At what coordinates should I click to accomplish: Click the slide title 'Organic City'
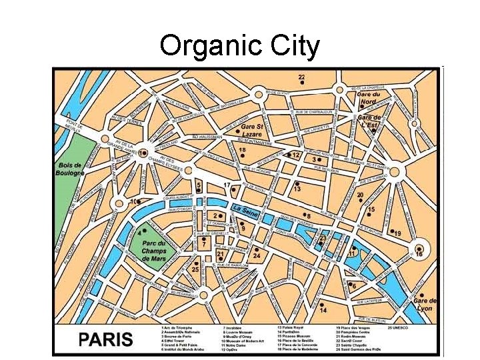pyautogui.click(x=240, y=47)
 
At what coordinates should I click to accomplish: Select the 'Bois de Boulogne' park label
pyautogui.click(x=69, y=169)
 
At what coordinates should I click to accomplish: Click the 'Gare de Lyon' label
pyautogui.click(x=424, y=305)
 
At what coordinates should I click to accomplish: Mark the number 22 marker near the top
pyautogui.click(x=301, y=77)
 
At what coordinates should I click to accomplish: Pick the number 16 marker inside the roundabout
pyautogui.click(x=419, y=254)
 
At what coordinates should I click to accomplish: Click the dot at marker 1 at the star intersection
pyautogui.click(x=143, y=153)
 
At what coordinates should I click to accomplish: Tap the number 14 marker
pyautogui.click(x=323, y=311)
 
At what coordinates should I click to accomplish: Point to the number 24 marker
pyautogui.click(x=256, y=256)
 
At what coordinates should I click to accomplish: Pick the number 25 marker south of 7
pyautogui.click(x=195, y=269)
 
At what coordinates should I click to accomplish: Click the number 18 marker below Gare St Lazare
pyautogui.click(x=242, y=151)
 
